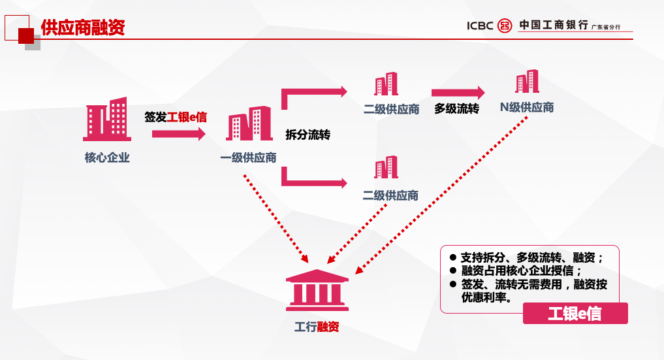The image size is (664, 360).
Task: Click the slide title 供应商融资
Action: coord(83,27)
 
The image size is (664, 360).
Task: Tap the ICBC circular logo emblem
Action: coord(505,25)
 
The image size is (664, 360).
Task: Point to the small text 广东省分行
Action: coord(606,27)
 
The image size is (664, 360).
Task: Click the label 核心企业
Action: coord(107,157)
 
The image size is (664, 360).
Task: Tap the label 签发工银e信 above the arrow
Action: coord(176,118)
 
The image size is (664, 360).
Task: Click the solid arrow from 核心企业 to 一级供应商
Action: coord(178,134)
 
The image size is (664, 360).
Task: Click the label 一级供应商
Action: coord(248,157)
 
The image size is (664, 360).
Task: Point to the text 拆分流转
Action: coord(308,135)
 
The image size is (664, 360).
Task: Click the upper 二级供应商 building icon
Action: coord(386,84)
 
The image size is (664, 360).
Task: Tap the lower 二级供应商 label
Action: coord(390,195)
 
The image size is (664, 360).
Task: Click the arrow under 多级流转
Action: coord(458,93)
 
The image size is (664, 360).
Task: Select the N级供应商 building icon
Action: coord(527,82)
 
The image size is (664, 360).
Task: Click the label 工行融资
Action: coord(317,327)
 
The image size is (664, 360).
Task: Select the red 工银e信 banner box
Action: coord(575,314)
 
